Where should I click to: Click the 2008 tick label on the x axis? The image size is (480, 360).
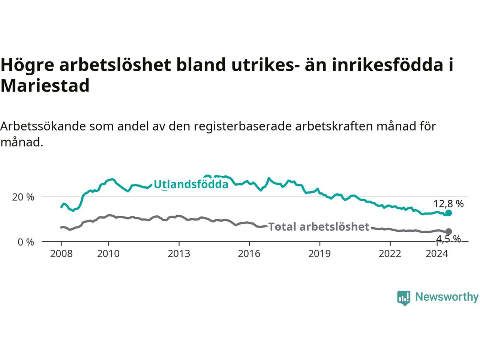coord(61,254)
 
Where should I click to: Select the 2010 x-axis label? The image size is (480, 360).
coord(108,254)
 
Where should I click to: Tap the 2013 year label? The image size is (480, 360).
coord(179,254)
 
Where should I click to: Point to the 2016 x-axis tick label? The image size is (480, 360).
coord(249,254)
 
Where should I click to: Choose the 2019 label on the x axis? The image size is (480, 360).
coord(319,254)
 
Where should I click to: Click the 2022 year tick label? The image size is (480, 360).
coord(390,254)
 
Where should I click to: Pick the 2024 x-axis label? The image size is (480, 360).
coord(437,254)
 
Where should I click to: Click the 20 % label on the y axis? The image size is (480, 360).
coord(23,197)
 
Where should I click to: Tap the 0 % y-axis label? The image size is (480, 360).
coord(26,242)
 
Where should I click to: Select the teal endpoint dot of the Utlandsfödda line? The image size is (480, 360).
coord(448,213)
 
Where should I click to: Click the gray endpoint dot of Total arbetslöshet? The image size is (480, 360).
coord(448,231)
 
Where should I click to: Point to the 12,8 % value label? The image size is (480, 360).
coord(448,204)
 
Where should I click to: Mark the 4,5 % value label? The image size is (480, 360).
coord(448,239)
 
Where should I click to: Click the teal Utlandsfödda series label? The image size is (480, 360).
coord(191,184)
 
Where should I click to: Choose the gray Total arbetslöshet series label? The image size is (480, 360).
coord(319,226)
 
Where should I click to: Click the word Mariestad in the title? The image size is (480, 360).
coord(45,85)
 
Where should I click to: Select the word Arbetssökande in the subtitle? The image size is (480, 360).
coord(43,126)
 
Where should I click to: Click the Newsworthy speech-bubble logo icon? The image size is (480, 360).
coord(403,298)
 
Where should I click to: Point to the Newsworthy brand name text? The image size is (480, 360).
coord(447,297)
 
